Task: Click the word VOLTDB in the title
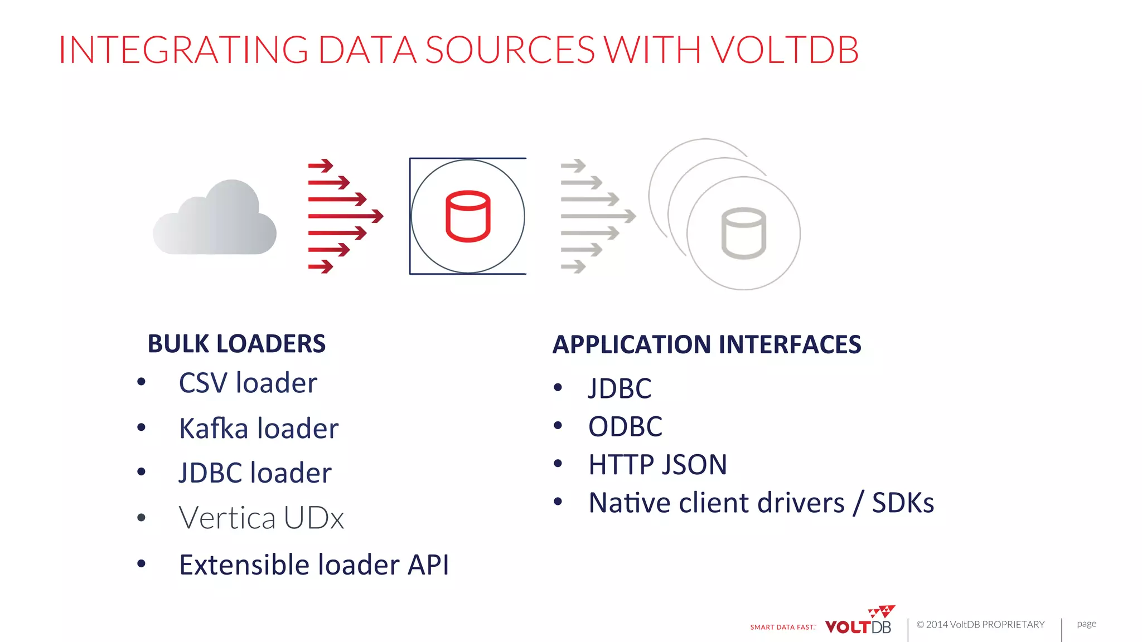point(785,50)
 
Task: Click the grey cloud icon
point(215,220)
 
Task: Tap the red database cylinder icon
point(468,216)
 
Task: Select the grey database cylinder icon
point(743,234)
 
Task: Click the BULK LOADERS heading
point(236,344)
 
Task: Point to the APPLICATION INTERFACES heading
point(707,344)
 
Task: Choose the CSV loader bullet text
point(248,383)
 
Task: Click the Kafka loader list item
point(259,429)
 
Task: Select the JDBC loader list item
point(255,473)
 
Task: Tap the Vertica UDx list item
point(261,518)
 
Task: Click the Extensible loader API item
point(314,565)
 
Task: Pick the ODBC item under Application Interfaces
point(625,427)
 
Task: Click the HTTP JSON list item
point(657,465)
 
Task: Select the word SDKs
point(903,503)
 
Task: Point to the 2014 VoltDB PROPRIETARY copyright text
point(980,625)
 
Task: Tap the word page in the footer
point(1086,624)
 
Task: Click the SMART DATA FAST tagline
point(782,628)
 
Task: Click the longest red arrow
point(346,216)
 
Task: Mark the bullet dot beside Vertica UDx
point(142,518)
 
